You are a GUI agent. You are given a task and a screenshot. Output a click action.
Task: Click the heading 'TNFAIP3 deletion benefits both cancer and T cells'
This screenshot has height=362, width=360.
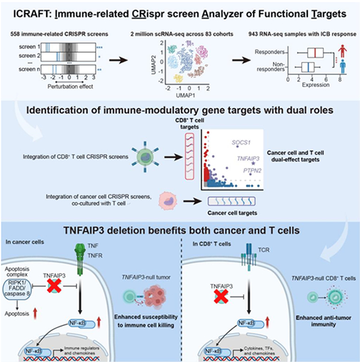(180, 229)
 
